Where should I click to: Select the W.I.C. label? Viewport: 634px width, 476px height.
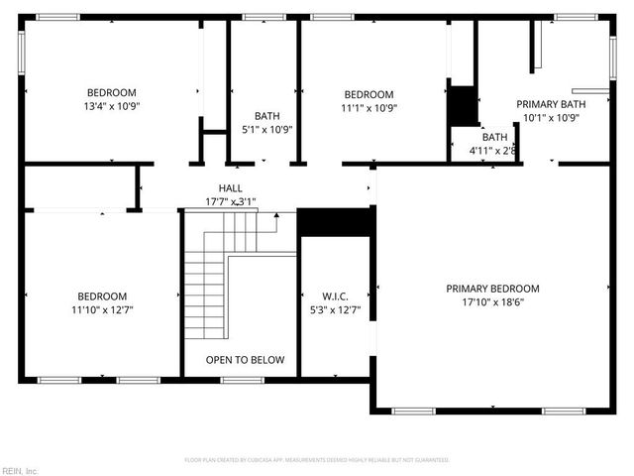click(x=335, y=296)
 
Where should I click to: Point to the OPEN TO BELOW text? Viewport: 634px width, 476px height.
click(x=245, y=360)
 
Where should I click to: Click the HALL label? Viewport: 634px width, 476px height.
click(x=230, y=188)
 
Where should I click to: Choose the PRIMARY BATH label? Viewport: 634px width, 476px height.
click(x=551, y=104)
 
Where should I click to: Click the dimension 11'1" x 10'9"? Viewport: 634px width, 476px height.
click(x=370, y=108)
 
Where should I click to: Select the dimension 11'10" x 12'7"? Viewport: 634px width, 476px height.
click(x=102, y=309)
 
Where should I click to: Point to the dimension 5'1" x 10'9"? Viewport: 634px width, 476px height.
click(x=266, y=129)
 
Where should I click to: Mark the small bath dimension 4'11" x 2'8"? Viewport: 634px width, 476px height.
click(x=492, y=151)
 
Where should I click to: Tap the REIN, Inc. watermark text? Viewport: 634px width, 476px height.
click(x=20, y=470)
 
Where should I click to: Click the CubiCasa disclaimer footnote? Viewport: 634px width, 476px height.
click(x=317, y=460)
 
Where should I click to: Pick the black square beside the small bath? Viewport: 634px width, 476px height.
click(x=463, y=106)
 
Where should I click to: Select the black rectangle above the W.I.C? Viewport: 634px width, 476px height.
click(x=335, y=222)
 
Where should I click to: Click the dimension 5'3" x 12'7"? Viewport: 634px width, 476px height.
click(x=335, y=309)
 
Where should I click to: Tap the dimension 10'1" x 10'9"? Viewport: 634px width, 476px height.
click(x=551, y=117)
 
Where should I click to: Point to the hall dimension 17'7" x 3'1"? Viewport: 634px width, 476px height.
click(x=230, y=201)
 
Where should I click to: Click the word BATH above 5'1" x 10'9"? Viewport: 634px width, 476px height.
click(x=266, y=116)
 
